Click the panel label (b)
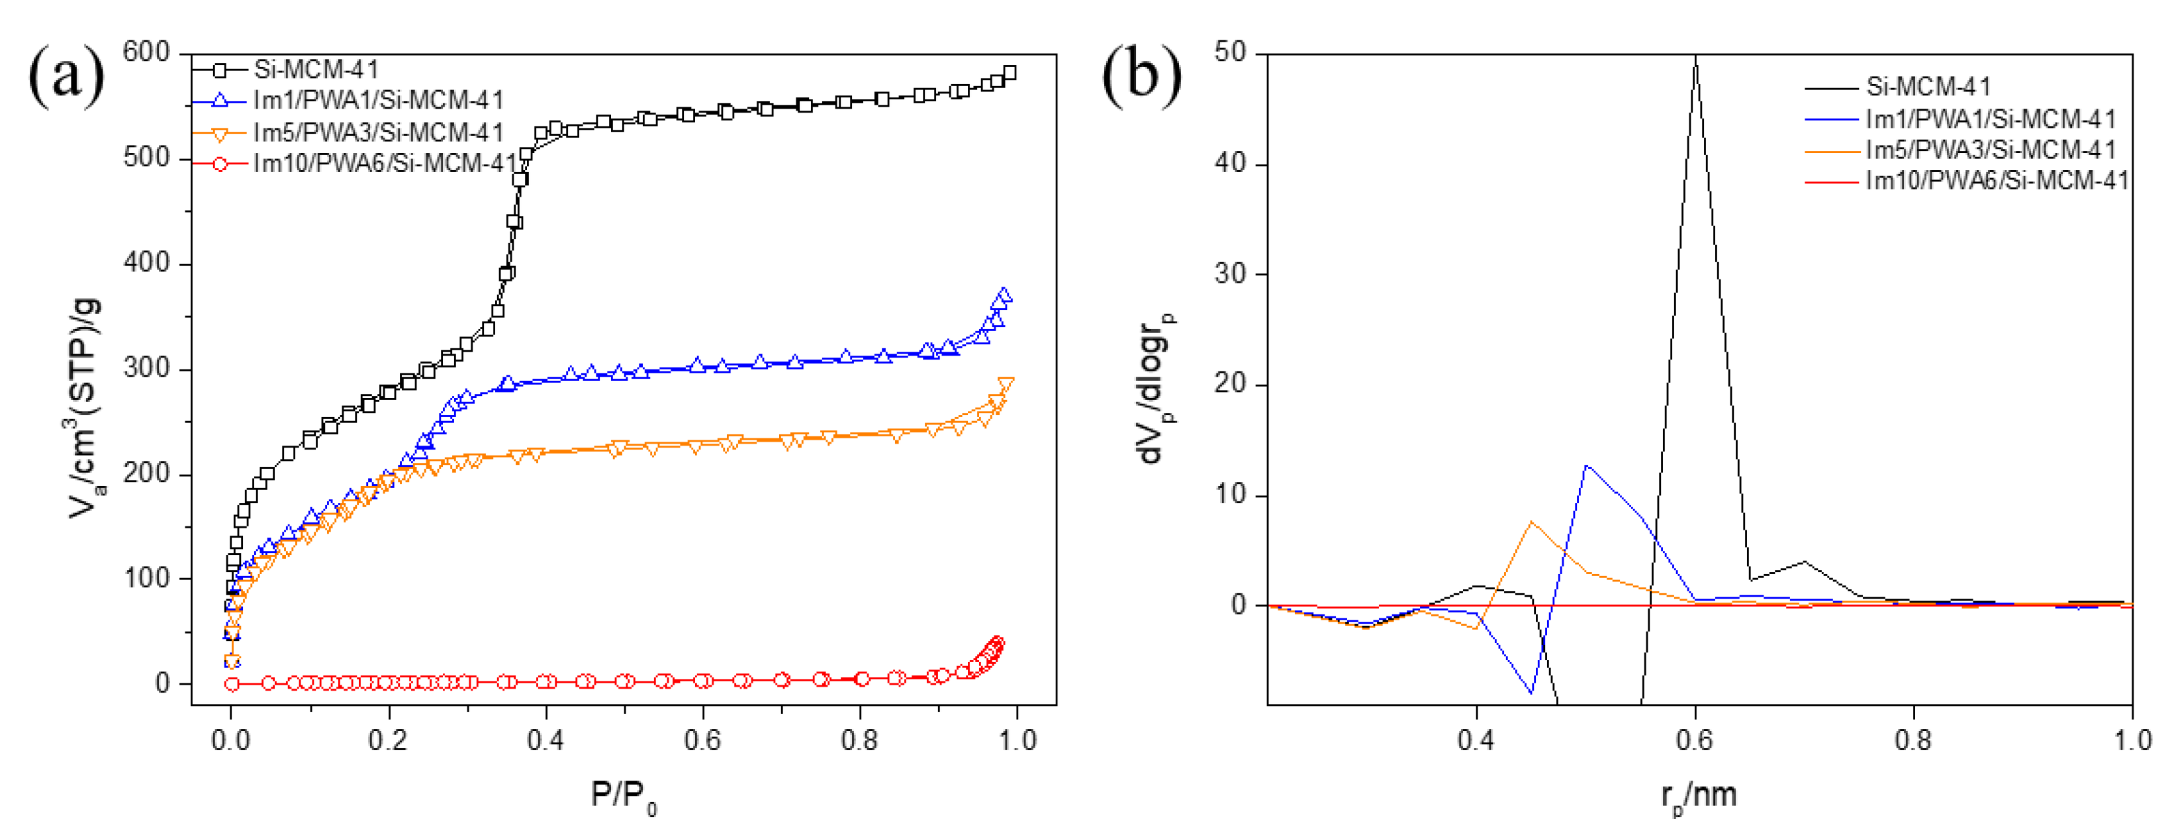1142,76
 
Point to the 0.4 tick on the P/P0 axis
545,740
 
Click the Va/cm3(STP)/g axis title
84,408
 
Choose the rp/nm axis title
1698,796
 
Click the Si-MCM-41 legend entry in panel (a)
316,69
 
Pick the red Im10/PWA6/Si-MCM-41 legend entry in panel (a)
385,164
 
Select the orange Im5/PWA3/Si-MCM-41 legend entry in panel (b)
1990,150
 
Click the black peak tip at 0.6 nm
1695,58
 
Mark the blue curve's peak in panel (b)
1586,465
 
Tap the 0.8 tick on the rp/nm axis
1913,740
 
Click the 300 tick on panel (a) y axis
146,368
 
